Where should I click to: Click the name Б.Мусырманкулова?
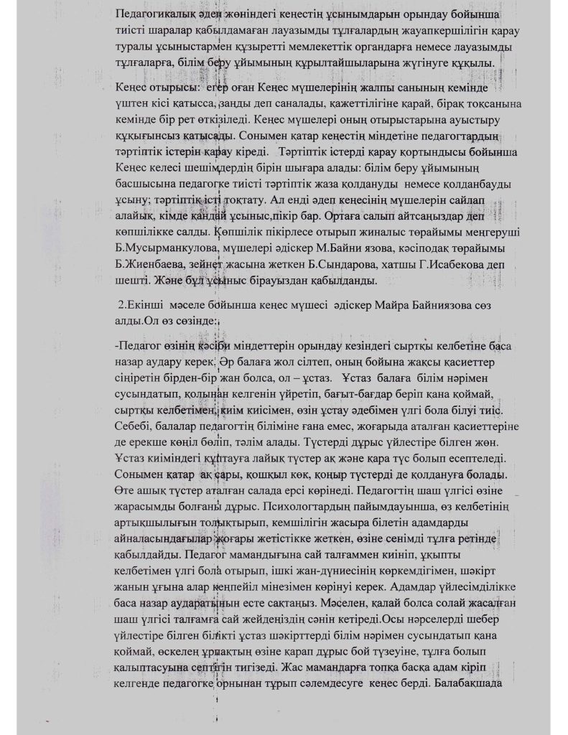click(x=164, y=248)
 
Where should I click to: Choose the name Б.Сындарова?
click(x=321, y=264)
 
